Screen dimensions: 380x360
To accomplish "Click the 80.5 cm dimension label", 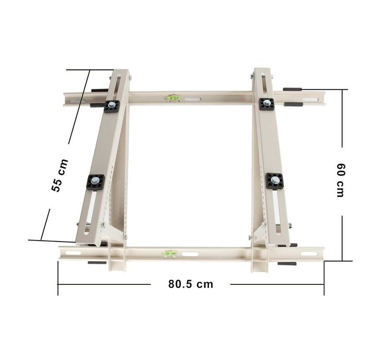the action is coord(191,284).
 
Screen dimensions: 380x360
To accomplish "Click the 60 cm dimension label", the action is coord(341,180).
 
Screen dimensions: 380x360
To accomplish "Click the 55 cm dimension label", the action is coord(60,175).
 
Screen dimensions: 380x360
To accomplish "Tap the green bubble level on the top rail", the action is coord(173,98).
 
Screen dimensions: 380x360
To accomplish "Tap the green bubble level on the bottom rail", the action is coord(170,254).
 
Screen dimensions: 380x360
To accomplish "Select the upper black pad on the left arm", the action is coord(112,106).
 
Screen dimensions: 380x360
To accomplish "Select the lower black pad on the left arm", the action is coord(95,182).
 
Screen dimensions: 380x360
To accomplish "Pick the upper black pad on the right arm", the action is coord(266,104).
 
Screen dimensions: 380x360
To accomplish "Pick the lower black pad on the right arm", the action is coord(274,181).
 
